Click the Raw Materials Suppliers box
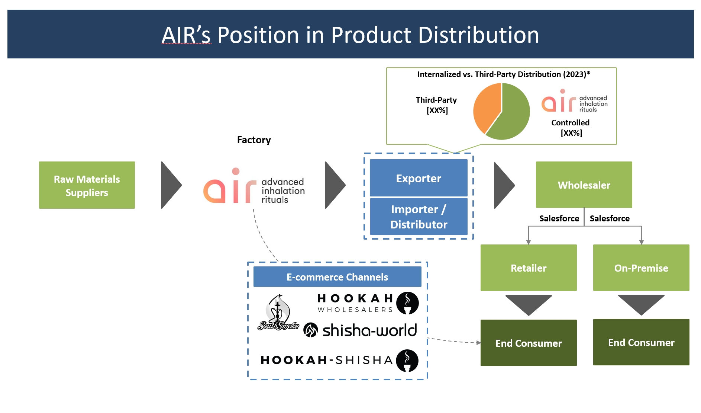pos(87,185)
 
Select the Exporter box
pos(419,178)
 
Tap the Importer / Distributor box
pos(419,217)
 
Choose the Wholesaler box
pos(584,185)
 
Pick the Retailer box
pos(528,268)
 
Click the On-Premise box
pos(641,268)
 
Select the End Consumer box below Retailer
pos(528,343)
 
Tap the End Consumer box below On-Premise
pos(641,342)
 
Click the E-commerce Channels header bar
pos(337,277)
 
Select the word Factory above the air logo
pos(254,140)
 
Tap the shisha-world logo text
pos(369,330)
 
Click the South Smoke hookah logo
pos(278,313)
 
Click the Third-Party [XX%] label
pos(436,105)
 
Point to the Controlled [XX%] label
pos(571,128)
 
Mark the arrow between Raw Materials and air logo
pos(171,185)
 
